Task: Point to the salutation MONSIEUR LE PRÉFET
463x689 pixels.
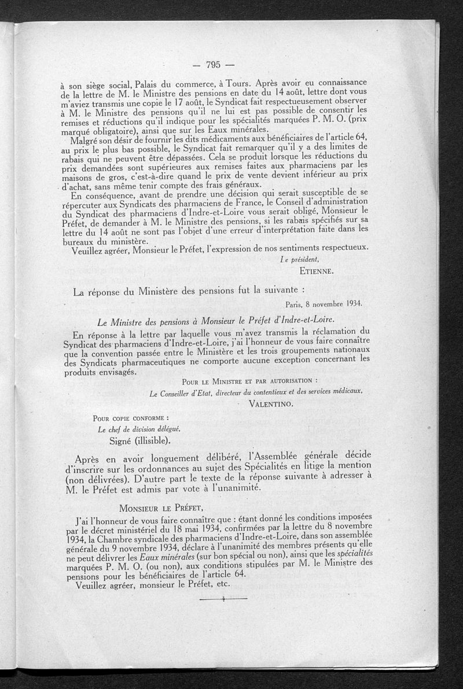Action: pyautogui.click(x=160, y=508)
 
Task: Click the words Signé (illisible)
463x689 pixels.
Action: pyautogui.click(x=139, y=440)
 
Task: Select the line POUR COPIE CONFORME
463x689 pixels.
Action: pyautogui.click(x=130, y=417)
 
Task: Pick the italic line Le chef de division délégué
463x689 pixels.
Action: pyautogui.click(x=131, y=428)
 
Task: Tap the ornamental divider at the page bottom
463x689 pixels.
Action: pyautogui.click(x=215, y=601)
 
